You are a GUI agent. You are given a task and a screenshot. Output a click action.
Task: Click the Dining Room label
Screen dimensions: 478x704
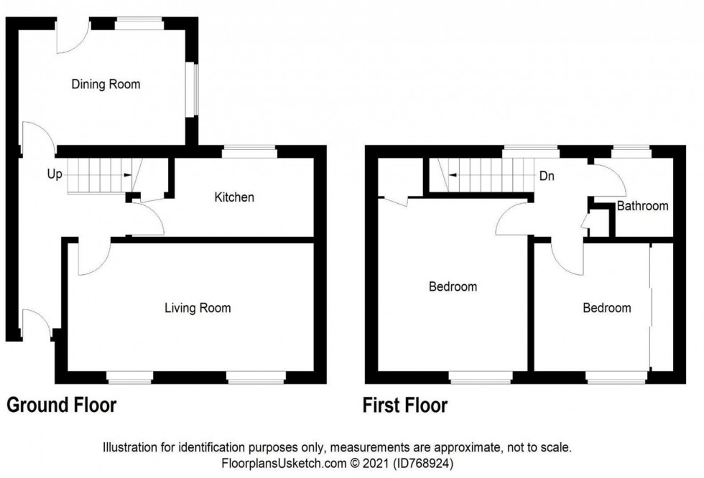[106, 85]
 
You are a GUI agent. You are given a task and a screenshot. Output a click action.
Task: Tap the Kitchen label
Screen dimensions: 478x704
[234, 197]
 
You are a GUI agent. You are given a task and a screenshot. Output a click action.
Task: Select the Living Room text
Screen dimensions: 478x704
[198, 309]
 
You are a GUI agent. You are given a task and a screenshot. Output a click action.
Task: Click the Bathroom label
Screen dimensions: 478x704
[642, 206]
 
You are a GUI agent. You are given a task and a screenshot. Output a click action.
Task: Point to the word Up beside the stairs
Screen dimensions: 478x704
[54, 174]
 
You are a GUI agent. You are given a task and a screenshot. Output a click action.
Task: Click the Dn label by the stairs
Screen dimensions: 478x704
[547, 174]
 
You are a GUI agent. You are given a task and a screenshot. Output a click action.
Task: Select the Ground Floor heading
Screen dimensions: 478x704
[61, 406]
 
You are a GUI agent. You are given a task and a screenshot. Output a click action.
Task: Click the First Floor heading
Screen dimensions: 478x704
[406, 406]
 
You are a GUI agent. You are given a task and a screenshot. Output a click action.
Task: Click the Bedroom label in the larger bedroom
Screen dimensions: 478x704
[453, 287]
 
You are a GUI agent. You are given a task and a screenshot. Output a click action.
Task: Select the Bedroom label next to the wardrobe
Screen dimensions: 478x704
[606, 308]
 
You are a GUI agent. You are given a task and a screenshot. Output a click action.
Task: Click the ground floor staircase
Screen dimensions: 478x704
[98, 176]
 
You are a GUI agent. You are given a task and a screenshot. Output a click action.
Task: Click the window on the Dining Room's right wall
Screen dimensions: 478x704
[192, 90]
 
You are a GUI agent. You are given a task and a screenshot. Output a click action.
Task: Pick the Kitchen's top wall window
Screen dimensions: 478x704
[249, 151]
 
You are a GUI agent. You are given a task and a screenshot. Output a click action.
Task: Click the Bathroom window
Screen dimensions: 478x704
[631, 151]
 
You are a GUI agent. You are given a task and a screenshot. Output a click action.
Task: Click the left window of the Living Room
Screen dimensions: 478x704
[130, 378]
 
